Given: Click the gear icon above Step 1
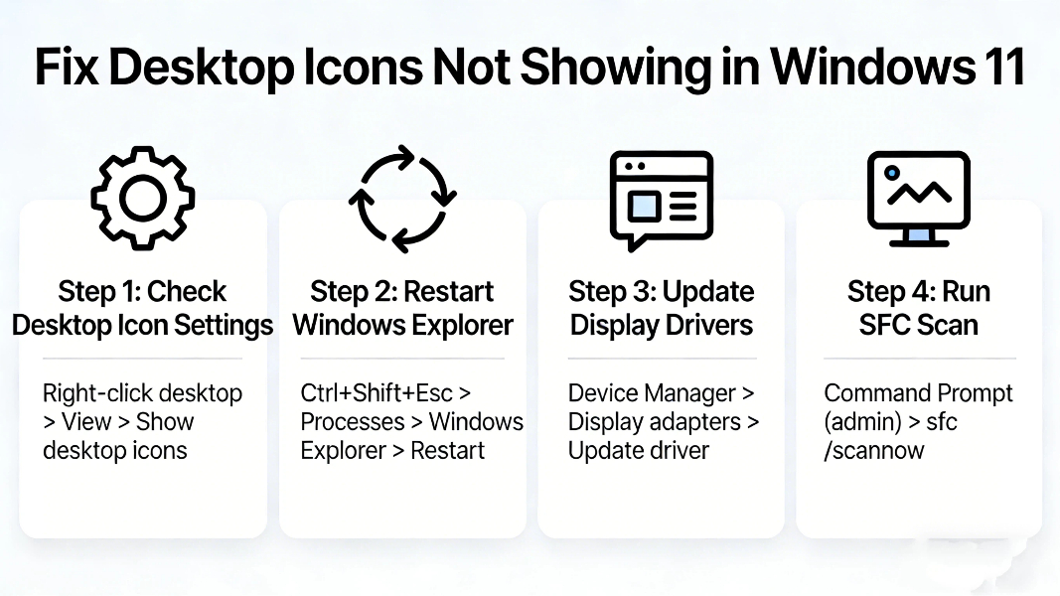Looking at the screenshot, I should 143,199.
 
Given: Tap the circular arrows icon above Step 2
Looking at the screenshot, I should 402,199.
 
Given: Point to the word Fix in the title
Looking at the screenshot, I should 67,68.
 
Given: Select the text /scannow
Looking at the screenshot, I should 874,451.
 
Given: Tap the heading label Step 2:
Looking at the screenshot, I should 352,292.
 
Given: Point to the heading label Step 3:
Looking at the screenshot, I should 610,292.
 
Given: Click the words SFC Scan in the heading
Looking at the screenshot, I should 919,325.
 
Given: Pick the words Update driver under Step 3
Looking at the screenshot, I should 639,451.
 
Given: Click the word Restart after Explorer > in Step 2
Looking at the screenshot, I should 448,451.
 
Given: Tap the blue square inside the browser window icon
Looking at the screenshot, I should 643,206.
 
